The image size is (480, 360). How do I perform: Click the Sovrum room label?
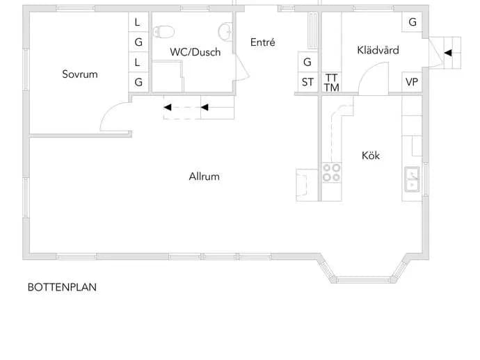pyautogui.click(x=80, y=74)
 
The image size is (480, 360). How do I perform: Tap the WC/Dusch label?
pyautogui.click(x=195, y=52)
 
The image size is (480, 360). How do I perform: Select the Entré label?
pyautogui.click(x=263, y=42)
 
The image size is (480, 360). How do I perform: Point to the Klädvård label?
pyautogui.click(x=378, y=50)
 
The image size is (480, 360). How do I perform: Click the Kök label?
pyautogui.click(x=371, y=156)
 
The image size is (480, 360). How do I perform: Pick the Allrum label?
pyautogui.click(x=205, y=177)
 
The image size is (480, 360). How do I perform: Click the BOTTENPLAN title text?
pyautogui.click(x=62, y=287)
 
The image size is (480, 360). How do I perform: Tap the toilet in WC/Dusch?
pyautogui.click(x=163, y=32)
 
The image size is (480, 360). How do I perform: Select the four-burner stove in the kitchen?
pyautogui.click(x=332, y=172)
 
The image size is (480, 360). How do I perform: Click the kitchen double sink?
pyautogui.click(x=412, y=179)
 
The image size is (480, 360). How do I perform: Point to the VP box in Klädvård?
pyautogui.click(x=412, y=82)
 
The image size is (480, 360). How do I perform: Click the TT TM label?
pyautogui.click(x=332, y=83)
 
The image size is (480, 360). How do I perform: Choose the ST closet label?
pyautogui.click(x=307, y=82)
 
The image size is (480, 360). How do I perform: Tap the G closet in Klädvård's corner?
pyautogui.click(x=412, y=22)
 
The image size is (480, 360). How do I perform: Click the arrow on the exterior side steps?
pyautogui.click(x=448, y=53)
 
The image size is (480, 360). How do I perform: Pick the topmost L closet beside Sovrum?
pyautogui.click(x=138, y=22)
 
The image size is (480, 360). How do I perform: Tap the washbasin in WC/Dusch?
pyautogui.click(x=225, y=31)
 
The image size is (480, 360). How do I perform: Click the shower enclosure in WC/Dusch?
pyautogui.click(x=168, y=76)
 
